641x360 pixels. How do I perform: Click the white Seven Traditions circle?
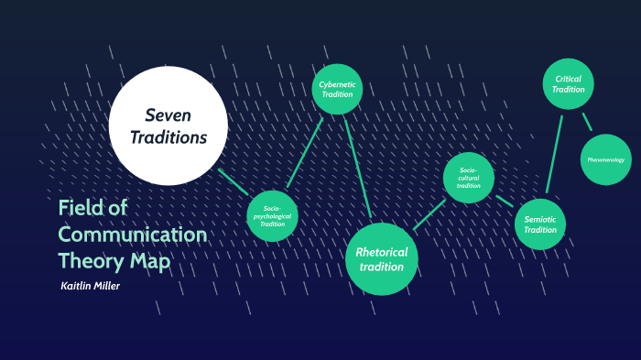tap(168, 125)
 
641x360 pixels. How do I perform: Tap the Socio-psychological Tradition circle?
tap(272, 216)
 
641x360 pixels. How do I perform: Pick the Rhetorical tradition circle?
tap(381, 259)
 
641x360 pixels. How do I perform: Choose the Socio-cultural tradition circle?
tap(469, 178)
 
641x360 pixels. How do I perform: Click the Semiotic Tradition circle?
tap(540, 224)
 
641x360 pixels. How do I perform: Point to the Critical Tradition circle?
tap(569, 84)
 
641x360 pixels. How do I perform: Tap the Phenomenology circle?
tap(606, 159)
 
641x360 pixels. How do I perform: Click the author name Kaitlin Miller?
tap(91, 287)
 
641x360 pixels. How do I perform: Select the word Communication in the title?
tap(132, 234)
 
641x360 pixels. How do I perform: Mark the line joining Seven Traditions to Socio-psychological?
tap(235, 183)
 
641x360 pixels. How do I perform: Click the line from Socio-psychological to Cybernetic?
tap(305, 151)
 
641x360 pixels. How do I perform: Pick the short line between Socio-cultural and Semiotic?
tap(505, 201)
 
